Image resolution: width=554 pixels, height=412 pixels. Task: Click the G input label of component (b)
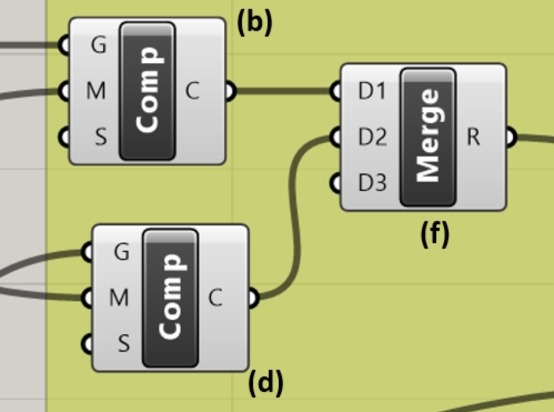[98, 45]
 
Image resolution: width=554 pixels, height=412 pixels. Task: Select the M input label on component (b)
[96, 91]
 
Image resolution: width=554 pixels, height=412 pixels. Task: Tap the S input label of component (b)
[100, 136]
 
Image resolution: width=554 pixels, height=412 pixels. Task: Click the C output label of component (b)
[192, 91]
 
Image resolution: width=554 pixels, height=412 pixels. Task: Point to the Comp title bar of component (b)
[148, 91]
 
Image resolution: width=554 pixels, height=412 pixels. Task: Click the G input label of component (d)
[121, 252]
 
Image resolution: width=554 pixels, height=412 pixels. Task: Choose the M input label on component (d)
[119, 299]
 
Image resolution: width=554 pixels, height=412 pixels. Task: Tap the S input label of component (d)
[123, 344]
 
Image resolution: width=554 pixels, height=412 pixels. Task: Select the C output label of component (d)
[215, 299]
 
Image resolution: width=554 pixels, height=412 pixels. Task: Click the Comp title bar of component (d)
[170, 298]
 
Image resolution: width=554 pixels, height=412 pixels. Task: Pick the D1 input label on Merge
[371, 91]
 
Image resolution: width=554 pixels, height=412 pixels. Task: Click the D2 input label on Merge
[372, 137]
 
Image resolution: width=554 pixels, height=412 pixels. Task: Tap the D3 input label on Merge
[372, 183]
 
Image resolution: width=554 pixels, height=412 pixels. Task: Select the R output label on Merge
[474, 137]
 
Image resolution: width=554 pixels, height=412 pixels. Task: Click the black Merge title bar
[428, 137]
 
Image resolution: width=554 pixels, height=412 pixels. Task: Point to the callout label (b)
[255, 23]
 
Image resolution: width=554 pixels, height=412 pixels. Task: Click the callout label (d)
[266, 383]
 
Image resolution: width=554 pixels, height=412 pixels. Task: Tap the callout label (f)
[435, 234]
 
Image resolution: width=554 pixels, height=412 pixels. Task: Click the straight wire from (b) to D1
[283, 91]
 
